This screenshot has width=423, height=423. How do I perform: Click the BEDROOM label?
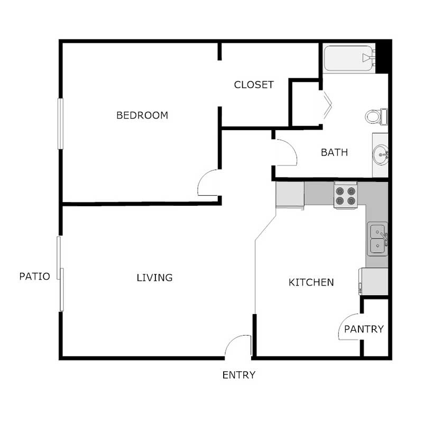pyautogui.click(x=142, y=115)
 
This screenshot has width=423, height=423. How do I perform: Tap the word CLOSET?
pyautogui.click(x=254, y=85)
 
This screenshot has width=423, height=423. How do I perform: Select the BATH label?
pyautogui.click(x=334, y=153)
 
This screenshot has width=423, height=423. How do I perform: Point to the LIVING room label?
pyautogui.click(x=154, y=278)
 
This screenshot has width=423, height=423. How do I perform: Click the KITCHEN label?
pyautogui.click(x=311, y=282)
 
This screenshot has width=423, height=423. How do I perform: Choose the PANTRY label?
pyautogui.click(x=364, y=329)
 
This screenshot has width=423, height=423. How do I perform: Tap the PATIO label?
pyautogui.click(x=34, y=276)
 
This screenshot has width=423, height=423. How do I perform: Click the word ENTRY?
pyautogui.click(x=238, y=375)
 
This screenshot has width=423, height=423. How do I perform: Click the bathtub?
pyautogui.click(x=348, y=58)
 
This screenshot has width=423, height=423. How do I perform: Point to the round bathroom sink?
pyautogui.click(x=381, y=155)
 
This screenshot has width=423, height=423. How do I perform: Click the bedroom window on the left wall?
pyautogui.click(x=60, y=124)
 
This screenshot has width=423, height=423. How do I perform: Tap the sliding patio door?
pyautogui.click(x=61, y=274)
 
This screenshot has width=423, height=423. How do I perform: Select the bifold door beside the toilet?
pyautogui.click(x=326, y=105)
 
